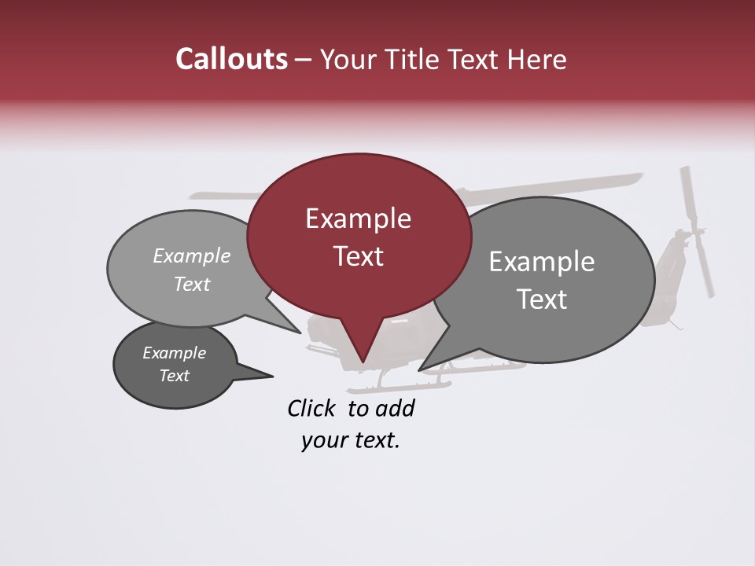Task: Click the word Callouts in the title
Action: click(x=232, y=59)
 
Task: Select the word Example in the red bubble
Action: click(x=358, y=219)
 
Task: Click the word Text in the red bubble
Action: click(x=358, y=255)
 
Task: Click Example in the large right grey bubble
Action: click(x=542, y=262)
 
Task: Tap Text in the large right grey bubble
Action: click(x=542, y=299)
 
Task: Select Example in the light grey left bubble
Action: click(x=192, y=256)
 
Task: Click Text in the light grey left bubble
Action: click(x=192, y=284)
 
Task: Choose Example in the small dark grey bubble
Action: click(x=175, y=353)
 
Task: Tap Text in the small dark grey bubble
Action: click(x=175, y=376)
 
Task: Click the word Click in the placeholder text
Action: click(x=311, y=408)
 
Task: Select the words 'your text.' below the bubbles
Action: click(x=351, y=441)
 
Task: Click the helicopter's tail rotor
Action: click(x=696, y=232)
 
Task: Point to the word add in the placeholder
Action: click(x=395, y=408)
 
